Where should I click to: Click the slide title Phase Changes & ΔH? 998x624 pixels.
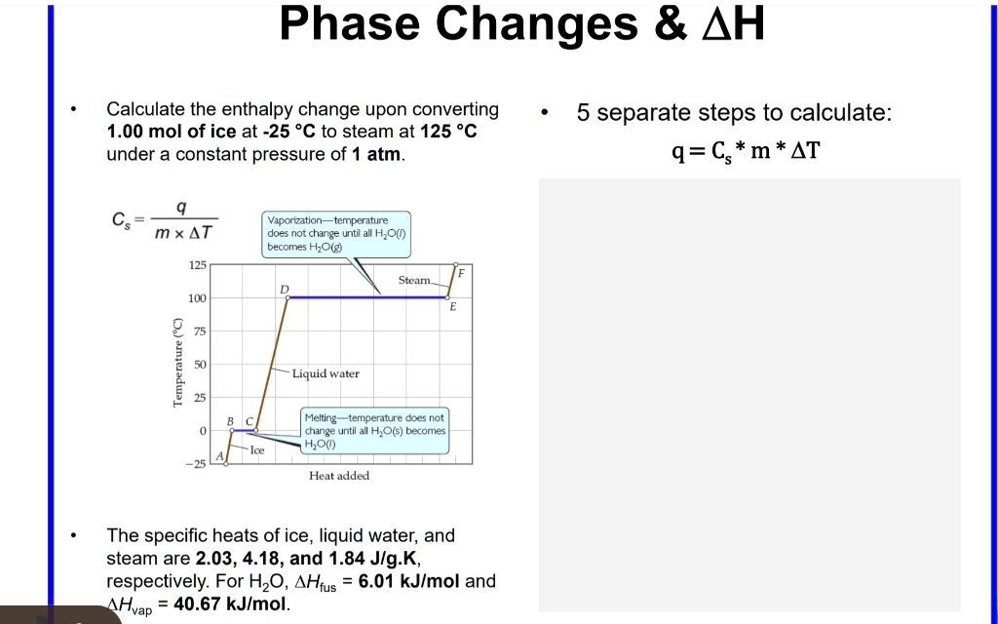tap(521, 25)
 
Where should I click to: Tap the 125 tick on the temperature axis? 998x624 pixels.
tap(197, 265)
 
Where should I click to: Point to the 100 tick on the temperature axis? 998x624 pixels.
tap(197, 298)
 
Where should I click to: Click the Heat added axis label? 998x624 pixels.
tap(338, 476)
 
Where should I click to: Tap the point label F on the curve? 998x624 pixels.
tap(462, 273)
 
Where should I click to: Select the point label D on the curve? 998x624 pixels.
tap(285, 289)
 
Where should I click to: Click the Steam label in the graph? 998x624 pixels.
tap(414, 280)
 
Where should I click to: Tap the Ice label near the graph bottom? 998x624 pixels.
tap(256, 449)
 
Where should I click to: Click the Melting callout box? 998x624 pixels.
tap(374, 430)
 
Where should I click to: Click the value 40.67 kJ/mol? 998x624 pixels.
tap(231, 604)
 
